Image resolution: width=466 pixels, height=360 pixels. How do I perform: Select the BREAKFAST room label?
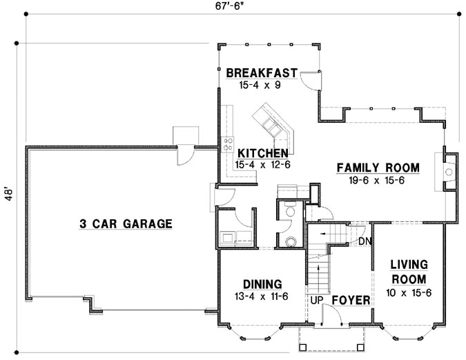pos(261,72)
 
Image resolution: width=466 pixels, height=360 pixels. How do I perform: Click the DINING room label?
pos(262,283)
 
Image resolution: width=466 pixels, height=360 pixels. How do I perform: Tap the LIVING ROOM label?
pos(408,271)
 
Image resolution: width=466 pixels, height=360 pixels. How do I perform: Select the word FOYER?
pos(351,301)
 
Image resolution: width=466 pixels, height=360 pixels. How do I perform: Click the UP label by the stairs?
pos(316,301)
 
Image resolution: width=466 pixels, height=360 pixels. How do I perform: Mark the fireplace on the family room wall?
pos(447,170)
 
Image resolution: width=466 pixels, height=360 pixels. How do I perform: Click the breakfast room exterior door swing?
pos(310,81)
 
